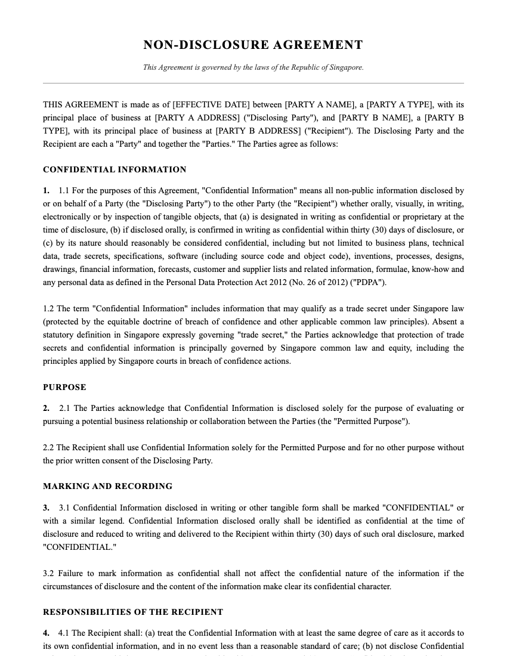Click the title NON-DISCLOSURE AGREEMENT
pyautogui.click(x=253, y=45)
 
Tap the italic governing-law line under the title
pyautogui.click(x=253, y=67)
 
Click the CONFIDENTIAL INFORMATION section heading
pyautogui.click(x=115, y=170)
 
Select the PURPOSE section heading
pyautogui.click(x=64, y=388)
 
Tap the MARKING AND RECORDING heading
pyautogui.click(x=107, y=487)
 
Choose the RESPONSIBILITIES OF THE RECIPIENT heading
pyautogui.click(x=133, y=612)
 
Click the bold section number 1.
pyautogui.click(x=46, y=191)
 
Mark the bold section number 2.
pyautogui.click(x=46, y=409)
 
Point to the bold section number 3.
pyautogui.click(x=46, y=508)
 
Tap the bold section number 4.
pyautogui.click(x=46, y=633)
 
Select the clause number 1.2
pyautogui.click(x=49, y=309)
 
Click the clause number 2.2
pyautogui.click(x=49, y=448)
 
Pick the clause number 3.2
pyautogui.click(x=49, y=574)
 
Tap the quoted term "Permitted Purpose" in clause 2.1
pyautogui.click(x=372, y=422)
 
